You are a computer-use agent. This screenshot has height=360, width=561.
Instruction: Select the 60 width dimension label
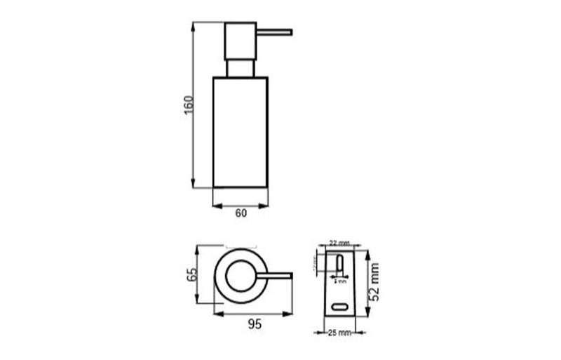pos(241,214)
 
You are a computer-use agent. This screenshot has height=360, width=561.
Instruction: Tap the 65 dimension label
pos(189,274)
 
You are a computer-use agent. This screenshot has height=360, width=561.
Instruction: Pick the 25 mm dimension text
pos(339,332)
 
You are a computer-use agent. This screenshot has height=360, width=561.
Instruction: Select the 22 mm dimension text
pos(339,242)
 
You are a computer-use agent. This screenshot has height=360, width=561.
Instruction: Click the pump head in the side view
pos(239,41)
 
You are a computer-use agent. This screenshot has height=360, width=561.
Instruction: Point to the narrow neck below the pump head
pos(239,69)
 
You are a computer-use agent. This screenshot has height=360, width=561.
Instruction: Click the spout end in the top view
pos(290,274)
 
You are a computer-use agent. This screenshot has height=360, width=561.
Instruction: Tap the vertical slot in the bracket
pos(340,263)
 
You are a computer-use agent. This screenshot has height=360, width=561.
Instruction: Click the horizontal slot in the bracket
pos(340,307)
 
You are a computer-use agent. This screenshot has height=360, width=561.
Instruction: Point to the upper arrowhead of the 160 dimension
pos(194,25)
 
